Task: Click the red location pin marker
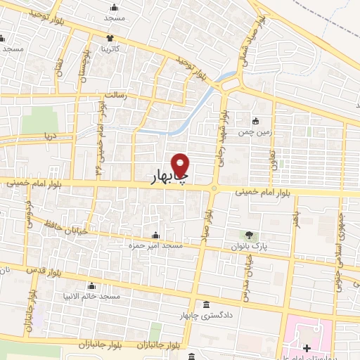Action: point(181,167)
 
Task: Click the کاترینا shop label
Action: point(110,49)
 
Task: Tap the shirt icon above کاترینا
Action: point(110,39)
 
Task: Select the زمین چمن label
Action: point(255,131)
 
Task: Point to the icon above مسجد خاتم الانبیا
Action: point(91,286)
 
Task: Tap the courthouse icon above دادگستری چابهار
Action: point(205,304)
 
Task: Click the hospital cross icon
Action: point(307,348)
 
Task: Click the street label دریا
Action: point(49,134)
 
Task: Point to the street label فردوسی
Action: point(29,214)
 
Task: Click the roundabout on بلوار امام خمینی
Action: point(214,188)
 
